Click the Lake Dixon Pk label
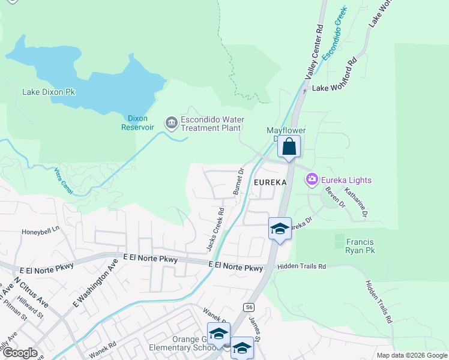49,92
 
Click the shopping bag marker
289,146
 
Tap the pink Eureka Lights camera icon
312,179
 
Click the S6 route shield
249,307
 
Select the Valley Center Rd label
315,53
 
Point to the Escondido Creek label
335,33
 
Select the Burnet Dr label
238,181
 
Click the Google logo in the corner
20,353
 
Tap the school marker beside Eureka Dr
280,229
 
